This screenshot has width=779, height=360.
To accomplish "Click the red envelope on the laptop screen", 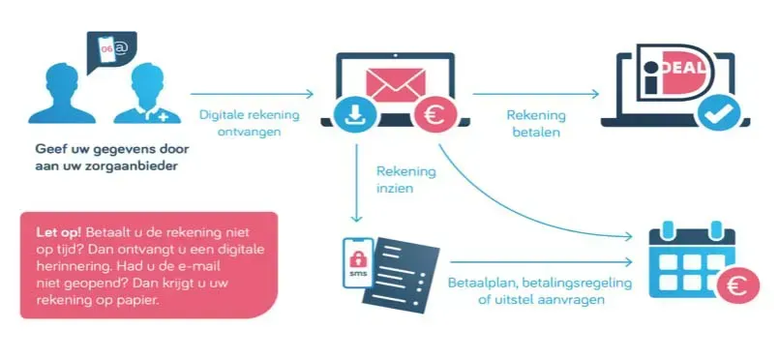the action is tap(396, 84).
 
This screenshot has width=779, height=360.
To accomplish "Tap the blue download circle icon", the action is tap(355, 115).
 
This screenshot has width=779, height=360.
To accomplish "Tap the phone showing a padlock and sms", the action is tap(358, 262).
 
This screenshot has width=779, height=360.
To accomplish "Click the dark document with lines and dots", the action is tap(402, 275).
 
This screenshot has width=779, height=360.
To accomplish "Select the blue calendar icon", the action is tap(692, 260).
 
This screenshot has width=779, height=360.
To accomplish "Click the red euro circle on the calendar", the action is tap(737, 286).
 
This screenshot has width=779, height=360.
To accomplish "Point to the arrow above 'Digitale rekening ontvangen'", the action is tap(253, 94).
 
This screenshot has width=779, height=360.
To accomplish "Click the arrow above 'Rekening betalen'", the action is tap(536, 94).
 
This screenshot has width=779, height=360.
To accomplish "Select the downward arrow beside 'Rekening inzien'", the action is tap(356, 184).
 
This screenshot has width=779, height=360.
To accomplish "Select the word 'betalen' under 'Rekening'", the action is tap(536, 132).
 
